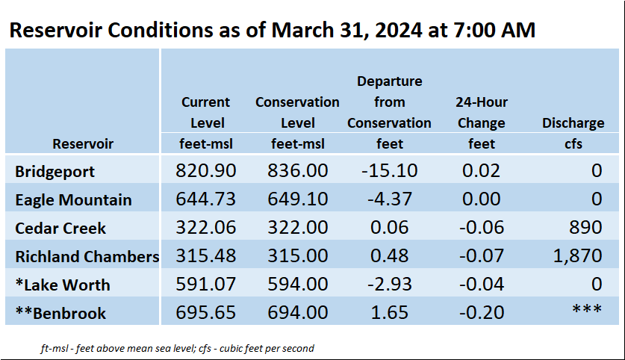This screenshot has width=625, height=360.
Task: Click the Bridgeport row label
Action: (x=55, y=172)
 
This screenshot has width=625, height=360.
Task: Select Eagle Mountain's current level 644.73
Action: (x=205, y=199)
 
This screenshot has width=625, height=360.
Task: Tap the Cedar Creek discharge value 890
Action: (x=585, y=227)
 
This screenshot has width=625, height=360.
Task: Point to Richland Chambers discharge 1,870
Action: (x=577, y=256)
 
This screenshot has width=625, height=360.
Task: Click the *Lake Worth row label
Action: (x=63, y=285)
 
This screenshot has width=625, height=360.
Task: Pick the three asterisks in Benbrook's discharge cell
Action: (x=587, y=308)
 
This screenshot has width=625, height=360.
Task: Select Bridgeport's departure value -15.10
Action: (x=390, y=170)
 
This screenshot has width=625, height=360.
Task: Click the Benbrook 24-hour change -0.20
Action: (x=482, y=312)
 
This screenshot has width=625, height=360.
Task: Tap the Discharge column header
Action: (x=573, y=122)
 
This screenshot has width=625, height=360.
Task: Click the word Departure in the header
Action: (x=390, y=81)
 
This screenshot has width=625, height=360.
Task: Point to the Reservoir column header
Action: (x=83, y=143)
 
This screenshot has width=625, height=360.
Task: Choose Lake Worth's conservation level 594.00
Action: (x=298, y=284)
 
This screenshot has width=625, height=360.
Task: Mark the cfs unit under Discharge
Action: (x=573, y=143)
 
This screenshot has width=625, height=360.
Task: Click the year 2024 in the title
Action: (x=398, y=30)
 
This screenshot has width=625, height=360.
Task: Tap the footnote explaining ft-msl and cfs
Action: (x=178, y=349)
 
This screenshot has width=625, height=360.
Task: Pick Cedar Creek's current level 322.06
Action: (x=205, y=227)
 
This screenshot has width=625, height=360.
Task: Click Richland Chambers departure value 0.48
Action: (x=390, y=255)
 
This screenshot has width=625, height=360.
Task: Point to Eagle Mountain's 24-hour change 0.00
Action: (x=482, y=199)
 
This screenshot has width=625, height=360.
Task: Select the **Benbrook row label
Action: (x=60, y=313)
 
